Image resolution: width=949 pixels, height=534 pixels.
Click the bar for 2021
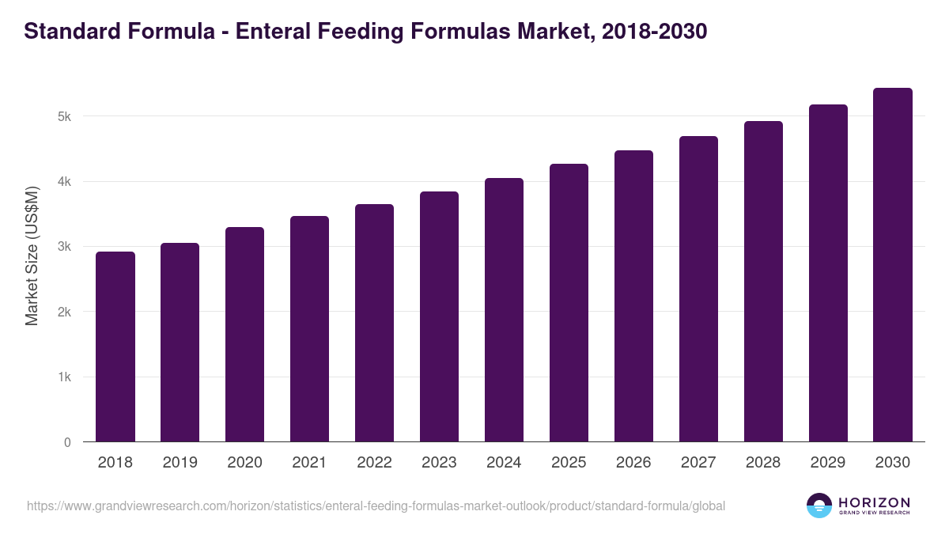pos(309,328)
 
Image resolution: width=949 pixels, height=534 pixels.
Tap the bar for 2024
pos(504,309)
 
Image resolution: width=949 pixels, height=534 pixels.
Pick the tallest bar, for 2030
pos(893,264)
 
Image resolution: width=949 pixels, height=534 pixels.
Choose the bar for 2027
pos(698,289)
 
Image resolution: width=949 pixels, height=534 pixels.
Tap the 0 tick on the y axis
pos(67,442)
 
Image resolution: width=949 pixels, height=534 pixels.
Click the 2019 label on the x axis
pos(180,463)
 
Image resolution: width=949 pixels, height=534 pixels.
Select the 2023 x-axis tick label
pos(439,463)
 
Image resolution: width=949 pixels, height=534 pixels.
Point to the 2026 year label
pos(633,463)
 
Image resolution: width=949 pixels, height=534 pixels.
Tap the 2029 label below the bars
pos(828,463)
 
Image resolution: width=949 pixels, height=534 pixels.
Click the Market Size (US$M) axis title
pos(32,256)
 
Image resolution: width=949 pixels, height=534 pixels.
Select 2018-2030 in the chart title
pos(654,32)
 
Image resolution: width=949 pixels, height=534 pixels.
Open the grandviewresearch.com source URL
pos(376,506)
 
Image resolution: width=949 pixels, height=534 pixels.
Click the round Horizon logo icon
pos(819,506)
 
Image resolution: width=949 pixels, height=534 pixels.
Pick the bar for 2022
pos(374,323)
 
